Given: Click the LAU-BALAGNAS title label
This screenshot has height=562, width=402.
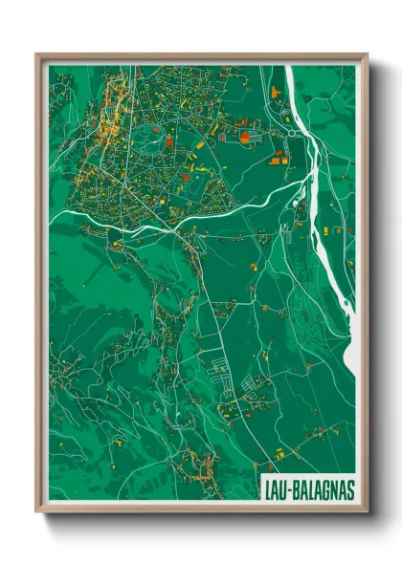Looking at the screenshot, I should point(307,488).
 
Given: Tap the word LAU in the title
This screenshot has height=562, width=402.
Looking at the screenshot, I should point(275,488).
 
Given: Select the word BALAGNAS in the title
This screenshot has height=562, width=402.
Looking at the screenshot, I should point(321,488).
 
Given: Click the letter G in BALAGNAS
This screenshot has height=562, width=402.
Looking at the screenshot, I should point(323,488).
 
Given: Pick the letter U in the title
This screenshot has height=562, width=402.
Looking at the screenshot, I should point(281,488).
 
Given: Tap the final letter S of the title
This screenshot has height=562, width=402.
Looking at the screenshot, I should point(348,488).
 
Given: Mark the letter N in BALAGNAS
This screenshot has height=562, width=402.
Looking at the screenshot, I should point(331,488).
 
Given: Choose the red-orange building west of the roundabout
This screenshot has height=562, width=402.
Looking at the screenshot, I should point(244,138).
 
